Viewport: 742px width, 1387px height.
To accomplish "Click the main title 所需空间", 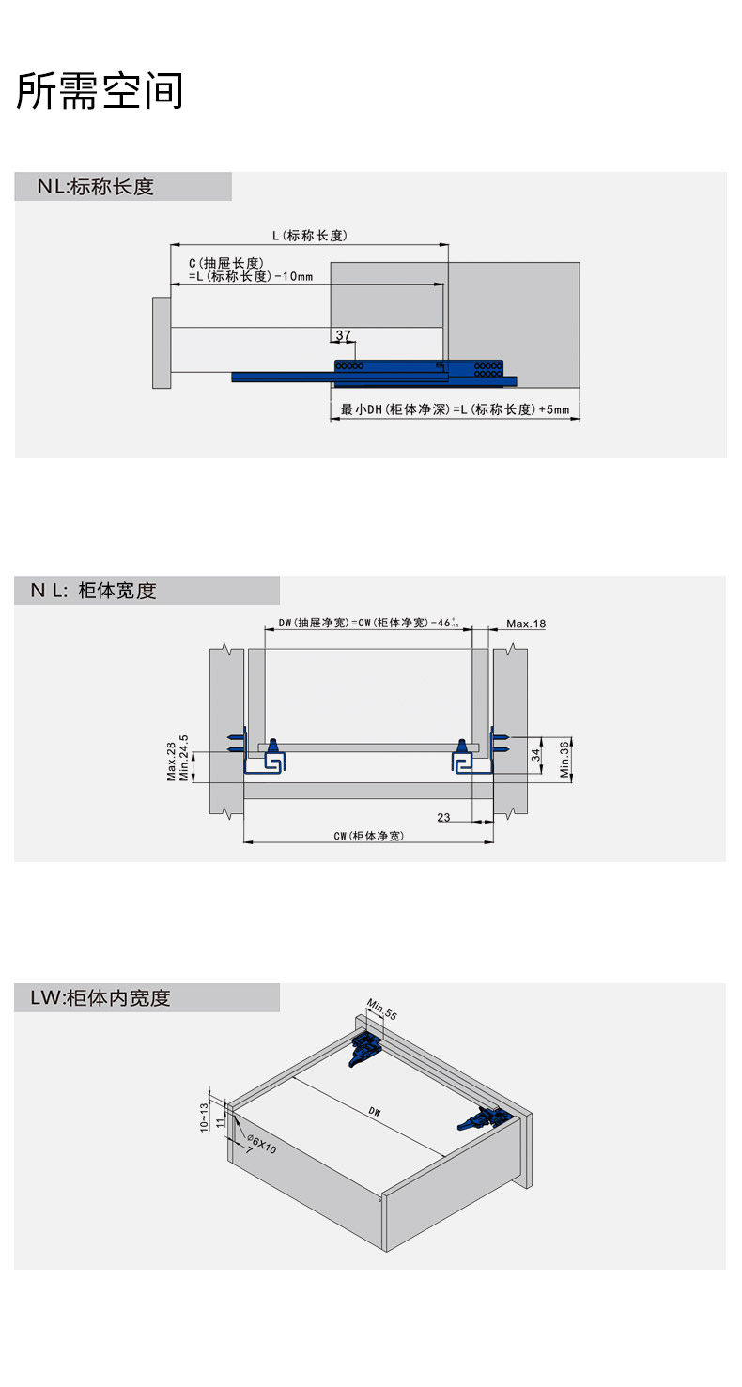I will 100,91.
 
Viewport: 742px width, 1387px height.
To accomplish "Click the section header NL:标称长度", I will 95,187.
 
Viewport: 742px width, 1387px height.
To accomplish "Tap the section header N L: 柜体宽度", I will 93,591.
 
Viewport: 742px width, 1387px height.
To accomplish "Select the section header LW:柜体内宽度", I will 92,998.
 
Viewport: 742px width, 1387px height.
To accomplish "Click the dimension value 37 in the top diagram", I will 343,335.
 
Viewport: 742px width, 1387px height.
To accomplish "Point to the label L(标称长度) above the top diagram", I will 309,236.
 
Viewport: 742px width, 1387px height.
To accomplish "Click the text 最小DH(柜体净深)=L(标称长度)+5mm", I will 455,410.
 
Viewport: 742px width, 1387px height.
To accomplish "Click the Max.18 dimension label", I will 526,624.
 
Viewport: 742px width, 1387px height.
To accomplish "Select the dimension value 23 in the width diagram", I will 443,817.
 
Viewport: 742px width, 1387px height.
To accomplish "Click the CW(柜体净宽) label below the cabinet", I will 368,836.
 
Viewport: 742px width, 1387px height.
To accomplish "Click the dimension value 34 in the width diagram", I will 535,754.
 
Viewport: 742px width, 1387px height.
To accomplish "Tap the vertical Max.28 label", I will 171,762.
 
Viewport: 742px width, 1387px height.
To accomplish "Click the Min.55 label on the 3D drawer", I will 381,1009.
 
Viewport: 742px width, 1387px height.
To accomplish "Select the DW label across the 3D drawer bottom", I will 374,1112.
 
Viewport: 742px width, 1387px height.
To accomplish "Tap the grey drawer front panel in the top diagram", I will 161,343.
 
